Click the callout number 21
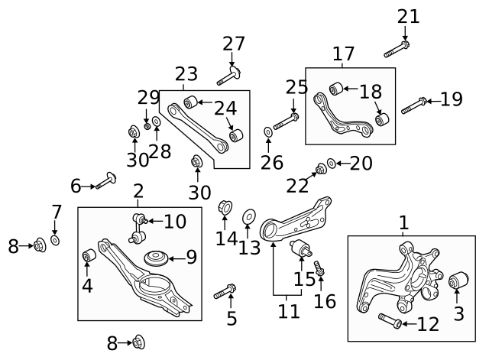[409, 15]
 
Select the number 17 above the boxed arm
[343, 54]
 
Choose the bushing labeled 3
[457, 283]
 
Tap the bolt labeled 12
[390, 323]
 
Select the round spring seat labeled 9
[158, 259]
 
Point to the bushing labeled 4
[89, 255]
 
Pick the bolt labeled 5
[225, 290]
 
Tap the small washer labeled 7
[55, 241]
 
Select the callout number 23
[186, 74]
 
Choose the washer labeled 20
[331, 164]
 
